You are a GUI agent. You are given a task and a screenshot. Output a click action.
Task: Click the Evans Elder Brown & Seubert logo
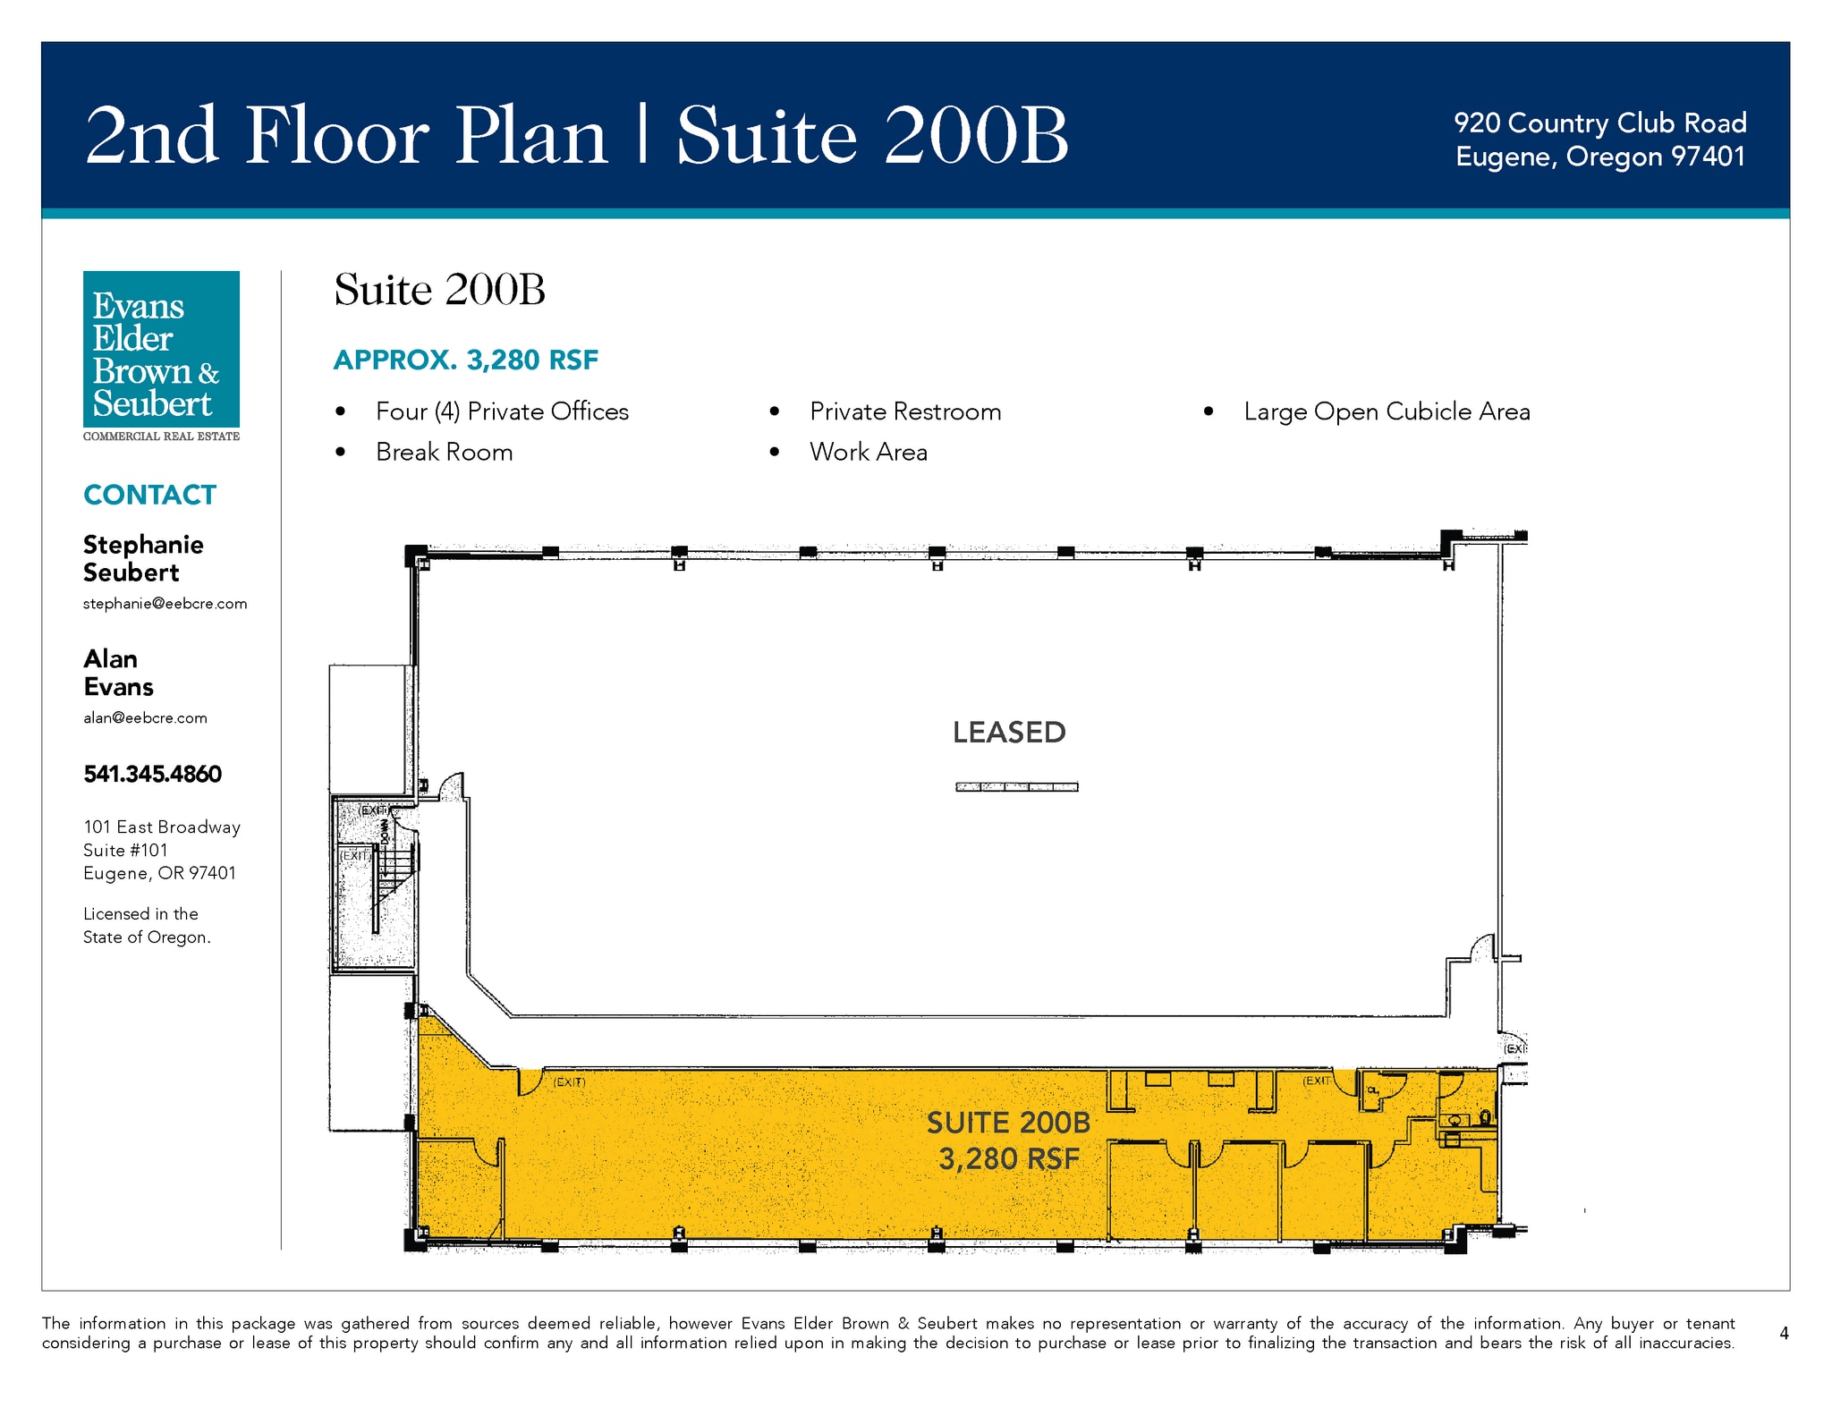click(161, 356)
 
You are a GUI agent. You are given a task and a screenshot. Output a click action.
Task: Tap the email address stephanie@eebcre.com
click(165, 604)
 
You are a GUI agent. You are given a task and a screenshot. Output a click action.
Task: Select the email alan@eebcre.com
click(145, 717)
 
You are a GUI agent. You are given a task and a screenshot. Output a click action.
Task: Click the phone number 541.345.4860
click(152, 774)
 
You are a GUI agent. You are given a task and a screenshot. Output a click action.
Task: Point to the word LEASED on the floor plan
click(1009, 733)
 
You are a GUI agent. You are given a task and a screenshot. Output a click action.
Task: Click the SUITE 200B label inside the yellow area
click(1008, 1123)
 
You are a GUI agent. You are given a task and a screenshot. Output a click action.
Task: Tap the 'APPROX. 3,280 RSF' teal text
click(465, 360)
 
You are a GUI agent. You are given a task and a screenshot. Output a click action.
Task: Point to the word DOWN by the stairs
click(386, 832)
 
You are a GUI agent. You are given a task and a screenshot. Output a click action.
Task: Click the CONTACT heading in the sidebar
click(149, 495)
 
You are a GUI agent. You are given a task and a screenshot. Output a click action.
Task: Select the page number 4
click(1784, 1333)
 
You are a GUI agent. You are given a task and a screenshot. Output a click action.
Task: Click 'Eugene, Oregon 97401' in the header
click(1600, 157)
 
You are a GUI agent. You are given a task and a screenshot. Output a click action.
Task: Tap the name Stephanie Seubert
click(143, 558)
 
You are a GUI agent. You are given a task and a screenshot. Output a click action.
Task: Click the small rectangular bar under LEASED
click(1017, 787)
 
